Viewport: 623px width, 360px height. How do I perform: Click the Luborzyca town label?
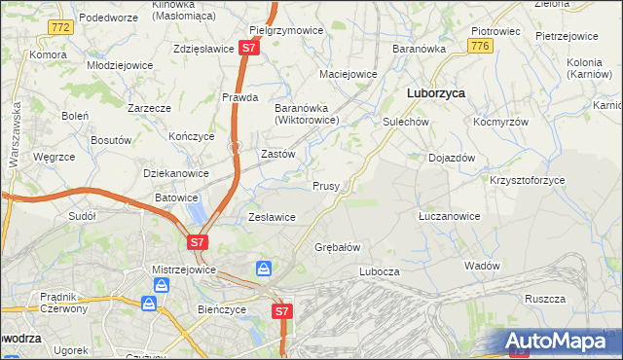pyautogui.click(x=434, y=93)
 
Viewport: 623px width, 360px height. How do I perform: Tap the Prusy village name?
pyautogui.click(x=325, y=186)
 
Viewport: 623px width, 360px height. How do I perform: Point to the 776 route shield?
pyautogui.click(x=478, y=46)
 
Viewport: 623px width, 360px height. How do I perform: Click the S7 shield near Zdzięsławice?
pyautogui.click(x=250, y=47)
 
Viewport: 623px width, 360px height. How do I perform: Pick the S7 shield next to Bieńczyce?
pyautogui.click(x=280, y=311)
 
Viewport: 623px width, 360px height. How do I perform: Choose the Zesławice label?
pyautogui.click(x=272, y=217)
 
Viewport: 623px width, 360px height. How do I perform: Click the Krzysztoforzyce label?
pyautogui.click(x=527, y=181)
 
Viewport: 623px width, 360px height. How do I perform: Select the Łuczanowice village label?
pyautogui.click(x=447, y=216)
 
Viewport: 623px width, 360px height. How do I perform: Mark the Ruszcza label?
pyautogui.click(x=545, y=299)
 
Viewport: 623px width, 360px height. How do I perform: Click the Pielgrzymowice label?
pyautogui.click(x=286, y=30)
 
